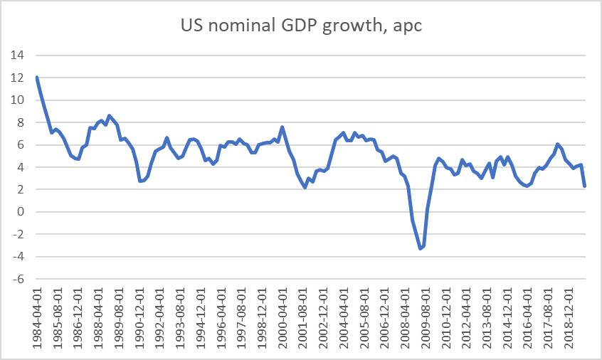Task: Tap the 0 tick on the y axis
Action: [x=21, y=212]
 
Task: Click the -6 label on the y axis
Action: [x=19, y=279]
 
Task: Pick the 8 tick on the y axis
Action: [x=21, y=122]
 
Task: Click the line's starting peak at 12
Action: [x=36, y=77]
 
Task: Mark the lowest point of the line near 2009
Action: [x=421, y=248]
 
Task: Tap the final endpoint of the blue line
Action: [x=584, y=186]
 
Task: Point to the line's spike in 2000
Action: [x=282, y=127]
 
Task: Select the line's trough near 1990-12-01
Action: [x=140, y=181]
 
